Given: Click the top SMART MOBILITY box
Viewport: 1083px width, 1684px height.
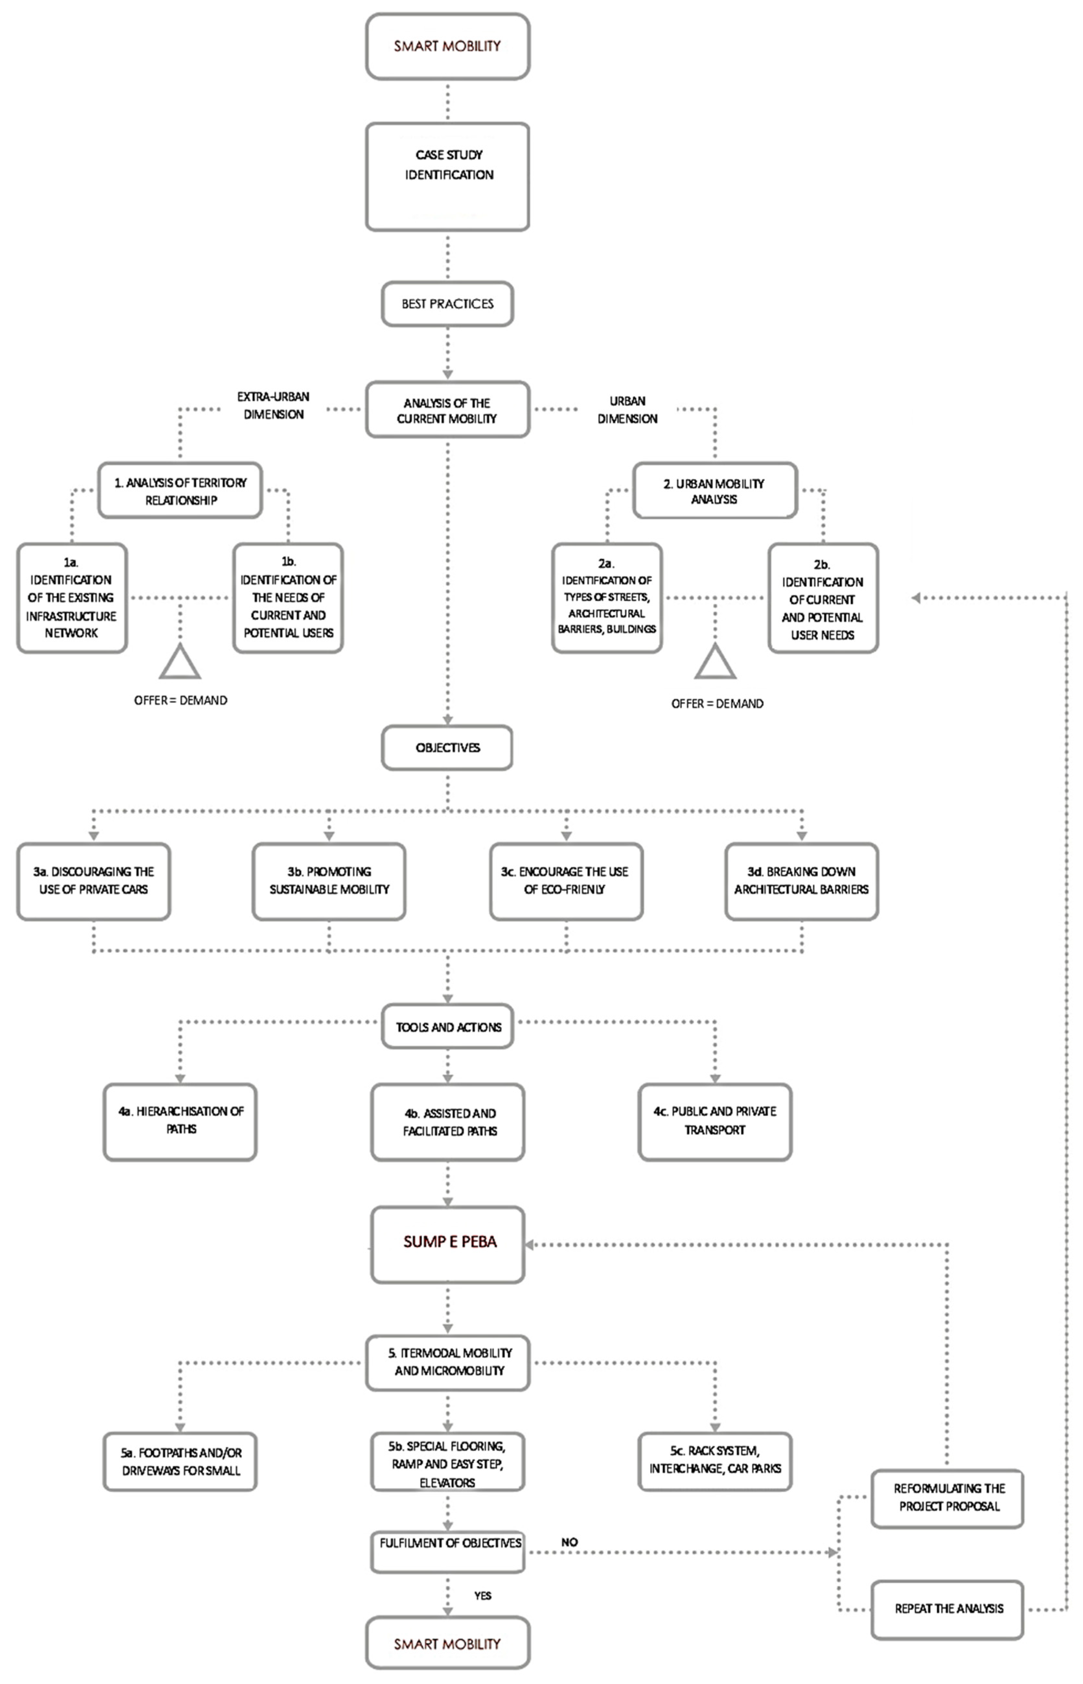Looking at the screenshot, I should pyautogui.click(x=447, y=46).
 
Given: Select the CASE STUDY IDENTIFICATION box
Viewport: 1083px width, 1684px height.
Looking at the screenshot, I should pyautogui.click(x=447, y=177).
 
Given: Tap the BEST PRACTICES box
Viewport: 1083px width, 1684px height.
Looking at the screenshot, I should pyautogui.click(x=447, y=304).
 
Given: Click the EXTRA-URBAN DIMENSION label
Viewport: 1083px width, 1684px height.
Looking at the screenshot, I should pyautogui.click(x=273, y=406).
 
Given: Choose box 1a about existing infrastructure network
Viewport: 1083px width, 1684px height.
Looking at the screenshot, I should pyautogui.click(x=72, y=598).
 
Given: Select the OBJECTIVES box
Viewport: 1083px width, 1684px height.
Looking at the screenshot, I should pyautogui.click(x=447, y=747).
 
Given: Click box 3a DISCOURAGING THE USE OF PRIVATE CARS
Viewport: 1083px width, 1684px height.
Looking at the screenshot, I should pyautogui.click(x=94, y=881).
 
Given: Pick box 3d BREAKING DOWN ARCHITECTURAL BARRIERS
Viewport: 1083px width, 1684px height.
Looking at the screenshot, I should pyautogui.click(x=802, y=881).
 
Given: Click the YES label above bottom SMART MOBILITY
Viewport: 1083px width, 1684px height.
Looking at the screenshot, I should pyautogui.click(x=482, y=1596).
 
